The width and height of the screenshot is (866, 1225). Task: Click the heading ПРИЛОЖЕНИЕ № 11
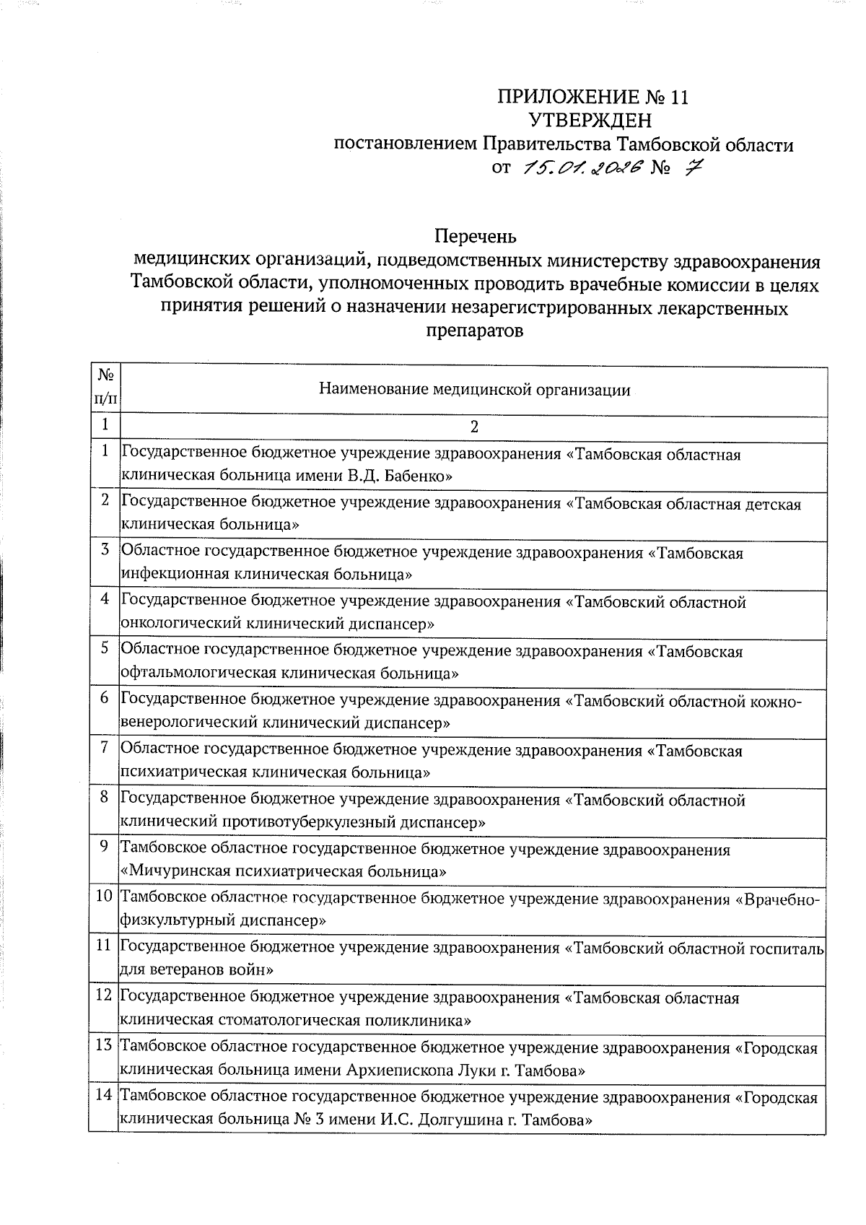click(593, 98)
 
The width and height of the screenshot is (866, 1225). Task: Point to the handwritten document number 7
click(694, 167)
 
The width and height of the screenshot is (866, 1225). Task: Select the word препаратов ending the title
click(474, 331)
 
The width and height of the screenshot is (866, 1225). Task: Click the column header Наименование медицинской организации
click(474, 391)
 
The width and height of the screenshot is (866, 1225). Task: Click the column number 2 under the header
click(474, 427)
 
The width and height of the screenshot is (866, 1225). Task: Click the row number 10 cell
click(105, 897)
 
